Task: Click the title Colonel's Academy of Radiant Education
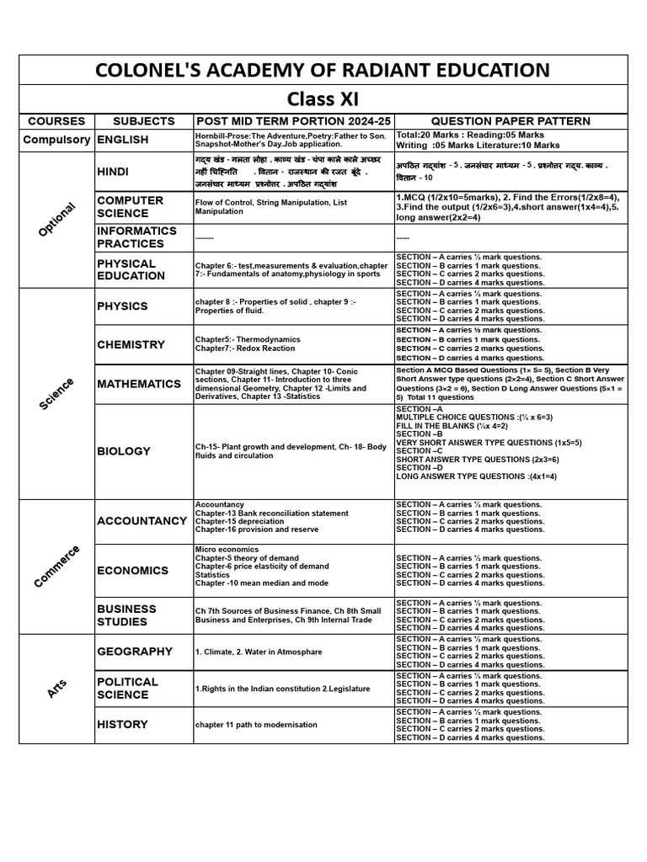[323, 70]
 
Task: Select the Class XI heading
[323, 99]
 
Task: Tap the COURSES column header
[57, 121]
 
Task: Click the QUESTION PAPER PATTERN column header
[511, 121]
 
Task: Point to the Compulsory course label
[57, 140]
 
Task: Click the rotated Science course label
[57, 394]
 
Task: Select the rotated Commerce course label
[57, 567]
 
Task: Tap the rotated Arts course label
[57, 689]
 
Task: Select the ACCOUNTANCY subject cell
[142, 521]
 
